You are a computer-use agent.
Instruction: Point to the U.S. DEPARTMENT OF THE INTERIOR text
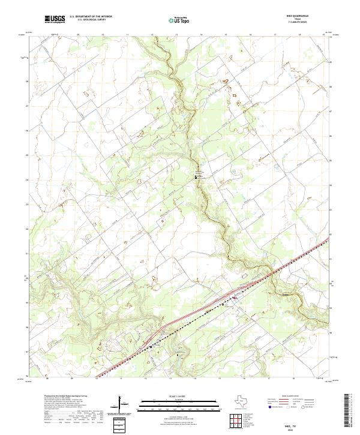pyautogui.click(x=91, y=17)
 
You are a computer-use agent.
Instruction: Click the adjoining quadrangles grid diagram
pyautogui.click(x=238, y=419)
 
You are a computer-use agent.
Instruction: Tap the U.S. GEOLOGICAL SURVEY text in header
pyautogui.click(x=91, y=20)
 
